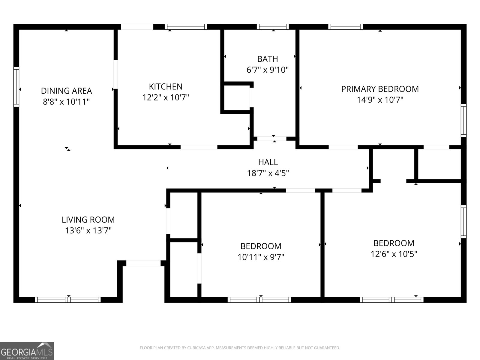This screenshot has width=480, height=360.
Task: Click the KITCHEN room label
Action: (x=166, y=87)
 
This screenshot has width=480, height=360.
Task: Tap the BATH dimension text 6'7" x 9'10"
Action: (x=267, y=70)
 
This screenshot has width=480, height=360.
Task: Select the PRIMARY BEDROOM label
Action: (x=380, y=89)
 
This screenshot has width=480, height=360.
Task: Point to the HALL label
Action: (x=268, y=162)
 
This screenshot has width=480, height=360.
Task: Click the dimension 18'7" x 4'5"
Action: (x=268, y=173)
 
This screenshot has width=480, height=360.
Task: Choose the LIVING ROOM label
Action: (x=88, y=220)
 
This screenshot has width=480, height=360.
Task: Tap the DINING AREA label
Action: (x=66, y=91)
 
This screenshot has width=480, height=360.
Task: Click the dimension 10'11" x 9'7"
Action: (x=261, y=257)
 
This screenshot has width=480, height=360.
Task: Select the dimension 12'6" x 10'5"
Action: (x=394, y=254)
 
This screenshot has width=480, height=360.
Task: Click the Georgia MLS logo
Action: (x=27, y=351)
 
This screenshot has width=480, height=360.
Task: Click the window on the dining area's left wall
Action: (x=16, y=87)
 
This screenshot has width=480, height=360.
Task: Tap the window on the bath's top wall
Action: (x=273, y=27)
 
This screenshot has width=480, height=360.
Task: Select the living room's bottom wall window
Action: (x=68, y=299)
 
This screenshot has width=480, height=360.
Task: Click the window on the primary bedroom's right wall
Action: (x=464, y=120)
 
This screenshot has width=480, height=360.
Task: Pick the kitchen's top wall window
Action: (x=186, y=27)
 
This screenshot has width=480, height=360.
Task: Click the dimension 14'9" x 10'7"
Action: (x=380, y=100)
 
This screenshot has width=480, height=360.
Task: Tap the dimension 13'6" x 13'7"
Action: (x=88, y=230)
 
